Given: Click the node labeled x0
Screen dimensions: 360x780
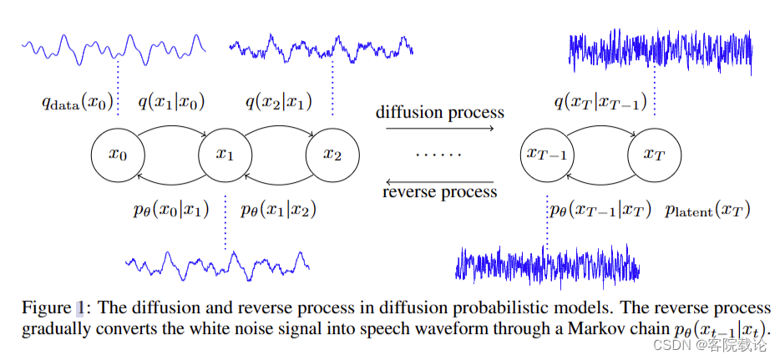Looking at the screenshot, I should click(x=118, y=155).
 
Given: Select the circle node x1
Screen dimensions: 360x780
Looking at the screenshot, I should click(x=225, y=155).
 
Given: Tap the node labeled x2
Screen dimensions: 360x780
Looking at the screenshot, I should click(x=332, y=155).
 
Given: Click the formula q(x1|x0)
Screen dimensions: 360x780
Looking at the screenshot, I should click(x=171, y=102).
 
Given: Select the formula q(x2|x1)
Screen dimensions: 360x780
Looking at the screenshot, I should click(x=279, y=102).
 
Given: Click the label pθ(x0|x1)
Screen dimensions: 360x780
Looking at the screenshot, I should click(x=170, y=210).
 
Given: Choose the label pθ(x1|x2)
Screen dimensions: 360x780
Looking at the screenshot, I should click(x=278, y=210).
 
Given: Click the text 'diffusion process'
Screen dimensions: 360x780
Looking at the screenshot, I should click(x=439, y=112).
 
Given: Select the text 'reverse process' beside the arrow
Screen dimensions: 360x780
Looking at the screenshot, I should click(x=439, y=192).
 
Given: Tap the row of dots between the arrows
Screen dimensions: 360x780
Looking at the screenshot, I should click(x=439, y=154).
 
